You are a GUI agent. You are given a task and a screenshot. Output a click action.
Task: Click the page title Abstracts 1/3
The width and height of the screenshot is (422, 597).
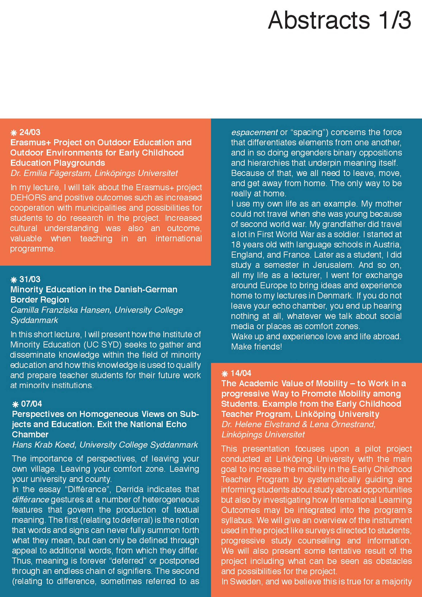tap(339, 20)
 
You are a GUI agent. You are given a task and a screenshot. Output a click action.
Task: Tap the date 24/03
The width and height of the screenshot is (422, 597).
tap(30, 132)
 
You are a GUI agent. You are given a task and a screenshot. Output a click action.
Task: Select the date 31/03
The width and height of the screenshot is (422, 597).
tap(30, 279)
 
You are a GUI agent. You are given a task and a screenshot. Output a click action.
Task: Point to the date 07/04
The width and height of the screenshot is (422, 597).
tap(31, 404)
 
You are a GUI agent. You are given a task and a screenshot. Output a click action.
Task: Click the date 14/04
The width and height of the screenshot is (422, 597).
tap(241, 373)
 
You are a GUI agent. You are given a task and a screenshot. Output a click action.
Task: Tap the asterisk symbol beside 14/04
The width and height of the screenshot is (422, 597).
tap(225, 374)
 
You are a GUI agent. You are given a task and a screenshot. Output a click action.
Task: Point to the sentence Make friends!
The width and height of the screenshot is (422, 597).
tap(256, 347)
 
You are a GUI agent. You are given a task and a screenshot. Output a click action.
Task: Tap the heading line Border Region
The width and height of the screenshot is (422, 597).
tap(40, 300)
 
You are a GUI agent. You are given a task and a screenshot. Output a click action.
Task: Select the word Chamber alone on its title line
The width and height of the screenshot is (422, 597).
tap(30, 435)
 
